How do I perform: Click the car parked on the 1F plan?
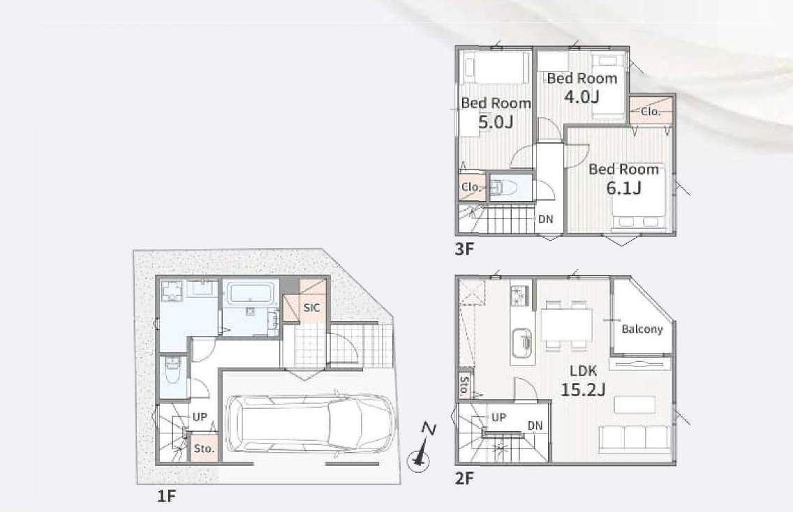click(309, 423)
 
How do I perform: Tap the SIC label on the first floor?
click(311, 308)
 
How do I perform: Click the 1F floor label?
click(166, 497)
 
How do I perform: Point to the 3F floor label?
click(464, 249)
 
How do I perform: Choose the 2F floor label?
click(464, 478)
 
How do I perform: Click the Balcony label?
click(642, 329)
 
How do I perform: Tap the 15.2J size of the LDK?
click(583, 390)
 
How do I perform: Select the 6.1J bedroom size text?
click(624, 188)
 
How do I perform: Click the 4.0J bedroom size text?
click(581, 96)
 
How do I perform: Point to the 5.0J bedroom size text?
click(496, 122)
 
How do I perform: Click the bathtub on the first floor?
click(251, 293)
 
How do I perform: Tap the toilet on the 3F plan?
click(503, 188)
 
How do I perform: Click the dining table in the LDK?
click(566, 324)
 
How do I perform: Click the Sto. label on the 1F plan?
click(205, 449)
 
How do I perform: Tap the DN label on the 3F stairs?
click(546, 219)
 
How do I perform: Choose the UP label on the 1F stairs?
click(200, 417)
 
